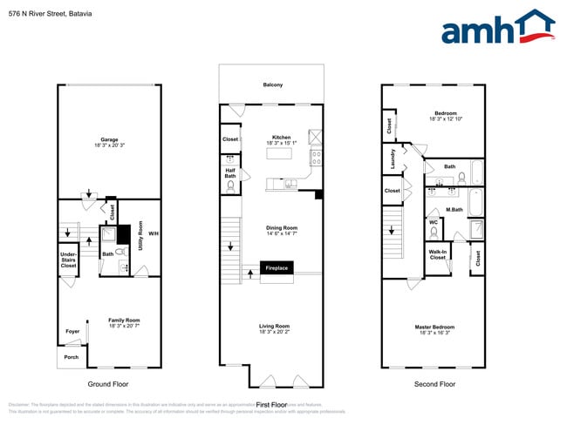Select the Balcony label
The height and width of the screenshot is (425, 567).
tap(273, 84)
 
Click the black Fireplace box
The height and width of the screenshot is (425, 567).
tap(277, 269)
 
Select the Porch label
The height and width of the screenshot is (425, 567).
tap(71, 357)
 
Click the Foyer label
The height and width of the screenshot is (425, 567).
tap(72, 332)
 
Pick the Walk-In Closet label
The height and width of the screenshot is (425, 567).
tap(437, 255)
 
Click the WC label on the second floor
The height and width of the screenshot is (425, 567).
tap(434, 222)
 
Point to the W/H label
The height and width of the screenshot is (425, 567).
tap(154, 233)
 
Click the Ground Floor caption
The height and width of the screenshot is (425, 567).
tap(109, 384)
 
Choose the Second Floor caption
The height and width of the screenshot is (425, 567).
tap(435, 384)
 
